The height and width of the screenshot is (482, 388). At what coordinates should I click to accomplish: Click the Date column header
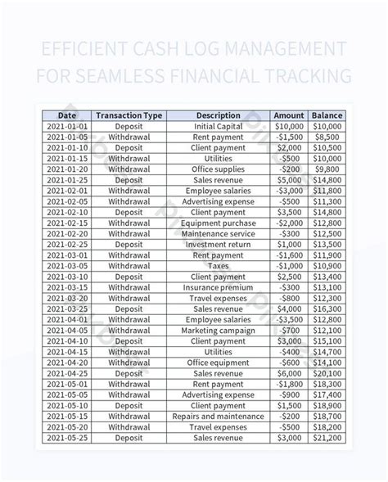pos(66,115)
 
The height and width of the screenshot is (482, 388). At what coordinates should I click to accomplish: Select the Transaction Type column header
pos(129,115)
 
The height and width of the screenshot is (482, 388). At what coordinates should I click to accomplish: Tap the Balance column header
pos(327,115)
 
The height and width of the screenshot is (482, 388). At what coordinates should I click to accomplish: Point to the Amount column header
pos(288,115)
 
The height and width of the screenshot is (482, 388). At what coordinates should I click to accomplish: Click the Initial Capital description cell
pos(218,127)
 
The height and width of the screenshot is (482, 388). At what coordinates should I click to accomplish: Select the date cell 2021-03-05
pos(66,266)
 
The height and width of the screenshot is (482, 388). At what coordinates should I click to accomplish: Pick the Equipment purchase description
pos(218,222)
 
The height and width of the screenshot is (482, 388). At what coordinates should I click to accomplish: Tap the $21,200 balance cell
pos(327,438)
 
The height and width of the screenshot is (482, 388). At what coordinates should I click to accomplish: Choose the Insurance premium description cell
pos(218,287)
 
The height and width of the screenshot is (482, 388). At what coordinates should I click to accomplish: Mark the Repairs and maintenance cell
pos(218,416)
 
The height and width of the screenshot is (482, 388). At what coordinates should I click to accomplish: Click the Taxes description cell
pos(218,266)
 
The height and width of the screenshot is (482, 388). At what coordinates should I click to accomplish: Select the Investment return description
pos(218,244)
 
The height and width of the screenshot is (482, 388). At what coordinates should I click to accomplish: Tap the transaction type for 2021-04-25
pos(129,373)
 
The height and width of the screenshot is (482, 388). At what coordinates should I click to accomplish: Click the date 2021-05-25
pos(66,438)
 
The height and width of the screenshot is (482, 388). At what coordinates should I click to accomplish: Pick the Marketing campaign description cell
pos(218,331)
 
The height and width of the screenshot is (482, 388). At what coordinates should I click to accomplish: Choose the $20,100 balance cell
pos(327,373)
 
